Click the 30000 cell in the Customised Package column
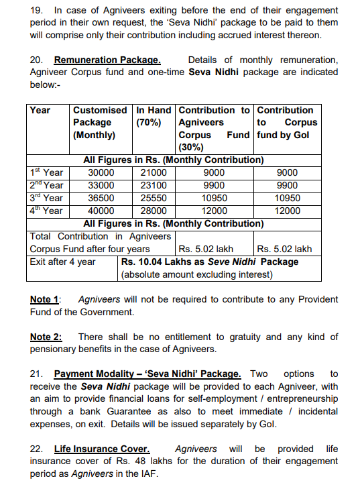[101, 172]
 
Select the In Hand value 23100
[153, 185]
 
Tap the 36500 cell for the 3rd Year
[101, 198]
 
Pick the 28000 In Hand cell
[153, 211]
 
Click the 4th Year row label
[46, 211]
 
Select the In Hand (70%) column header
[154, 116]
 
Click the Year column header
[40, 110]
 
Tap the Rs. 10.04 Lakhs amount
[163, 262]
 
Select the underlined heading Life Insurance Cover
[102, 449]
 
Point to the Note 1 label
[45, 299]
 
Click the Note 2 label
[46, 337]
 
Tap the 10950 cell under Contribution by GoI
[288, 198]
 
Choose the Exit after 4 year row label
[63, 262]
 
